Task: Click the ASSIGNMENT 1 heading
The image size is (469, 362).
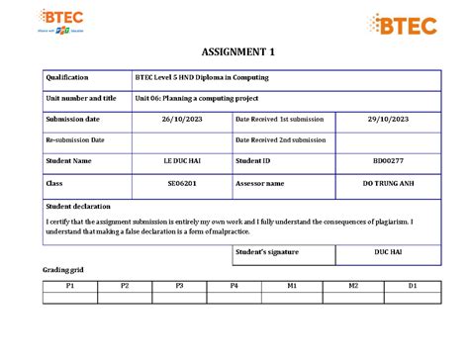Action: [x=234, y=51]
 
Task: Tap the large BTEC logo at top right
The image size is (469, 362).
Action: [x=404, y=24]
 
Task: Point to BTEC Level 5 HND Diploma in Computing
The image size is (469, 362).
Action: [x=202, y=77]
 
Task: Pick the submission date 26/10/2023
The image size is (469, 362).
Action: [x=180, y=119]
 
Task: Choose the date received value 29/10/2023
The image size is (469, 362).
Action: [x=389, y=119]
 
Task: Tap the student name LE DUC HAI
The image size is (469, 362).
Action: [x=180, y=161]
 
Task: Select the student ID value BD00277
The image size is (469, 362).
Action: [x=389, y=161]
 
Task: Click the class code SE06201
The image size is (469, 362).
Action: [x=180, y=183]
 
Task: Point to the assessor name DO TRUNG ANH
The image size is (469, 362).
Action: [x=389, y=183]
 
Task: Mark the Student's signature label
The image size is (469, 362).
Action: [x=266, y=252]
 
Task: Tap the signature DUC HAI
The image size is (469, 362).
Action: [x=389, y=252]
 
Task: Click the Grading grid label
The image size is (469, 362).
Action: [x=62, y=270]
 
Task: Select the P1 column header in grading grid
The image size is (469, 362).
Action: [x=70, y=285]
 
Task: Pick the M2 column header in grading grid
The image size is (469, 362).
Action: [x=353, y=285]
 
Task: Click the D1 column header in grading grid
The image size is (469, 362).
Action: [x=413, y=285]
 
